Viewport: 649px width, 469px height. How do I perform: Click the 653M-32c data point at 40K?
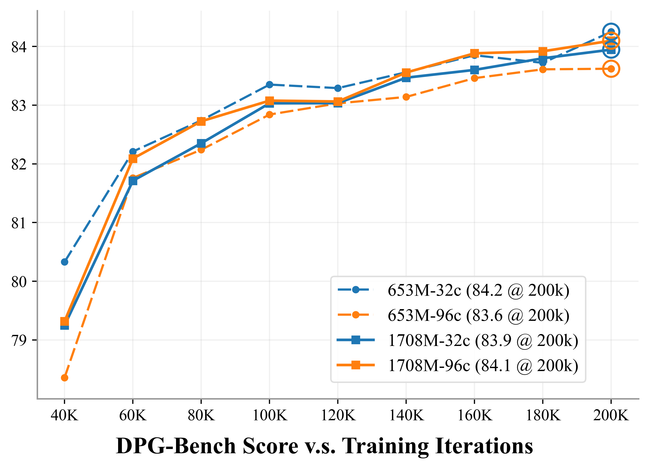click(64, 262)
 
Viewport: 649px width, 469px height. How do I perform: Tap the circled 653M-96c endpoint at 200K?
click(611, 69)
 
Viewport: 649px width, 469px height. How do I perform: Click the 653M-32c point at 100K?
click(269, 85)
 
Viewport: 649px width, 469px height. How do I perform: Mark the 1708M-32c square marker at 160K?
click(474, 70)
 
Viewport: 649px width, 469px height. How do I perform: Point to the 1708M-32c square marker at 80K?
click(201, 143)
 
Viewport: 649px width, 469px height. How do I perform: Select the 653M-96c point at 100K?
click(269, 115)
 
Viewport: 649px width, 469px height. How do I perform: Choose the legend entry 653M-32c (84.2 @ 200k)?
click(478, 290)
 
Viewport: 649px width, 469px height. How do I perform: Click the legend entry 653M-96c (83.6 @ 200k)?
click(478, 315)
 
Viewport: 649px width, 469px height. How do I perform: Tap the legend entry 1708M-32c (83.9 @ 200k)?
click(483, 340)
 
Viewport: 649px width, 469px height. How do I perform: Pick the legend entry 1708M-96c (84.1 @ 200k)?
click(483, 365)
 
